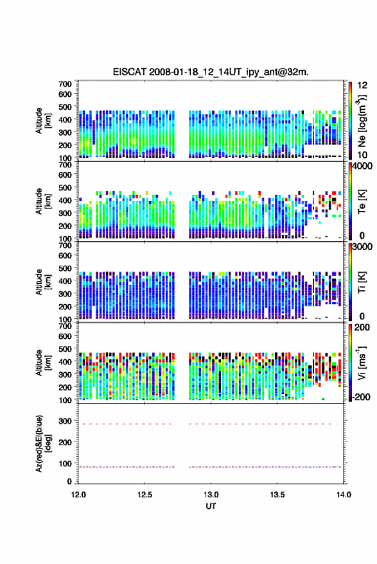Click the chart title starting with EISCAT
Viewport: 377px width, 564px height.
211,72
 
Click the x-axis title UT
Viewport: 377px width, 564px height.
211,506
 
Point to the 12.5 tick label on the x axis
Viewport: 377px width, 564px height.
145,495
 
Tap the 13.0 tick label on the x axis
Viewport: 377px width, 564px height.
211,495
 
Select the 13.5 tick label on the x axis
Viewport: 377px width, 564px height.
277,495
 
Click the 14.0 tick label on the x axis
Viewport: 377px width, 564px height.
344,495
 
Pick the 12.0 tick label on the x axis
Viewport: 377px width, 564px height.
78,495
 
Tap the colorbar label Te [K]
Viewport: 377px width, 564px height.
362,201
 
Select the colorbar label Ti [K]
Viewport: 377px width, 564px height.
362,282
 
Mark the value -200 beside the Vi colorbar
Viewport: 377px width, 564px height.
361,397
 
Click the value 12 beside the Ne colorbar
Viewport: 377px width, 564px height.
362,85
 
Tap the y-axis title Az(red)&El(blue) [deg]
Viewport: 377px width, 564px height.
43,443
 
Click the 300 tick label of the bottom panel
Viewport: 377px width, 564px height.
65,421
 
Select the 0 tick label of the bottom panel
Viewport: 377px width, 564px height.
69,481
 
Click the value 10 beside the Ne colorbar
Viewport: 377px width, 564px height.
362,155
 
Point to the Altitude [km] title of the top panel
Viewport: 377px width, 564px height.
43,121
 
